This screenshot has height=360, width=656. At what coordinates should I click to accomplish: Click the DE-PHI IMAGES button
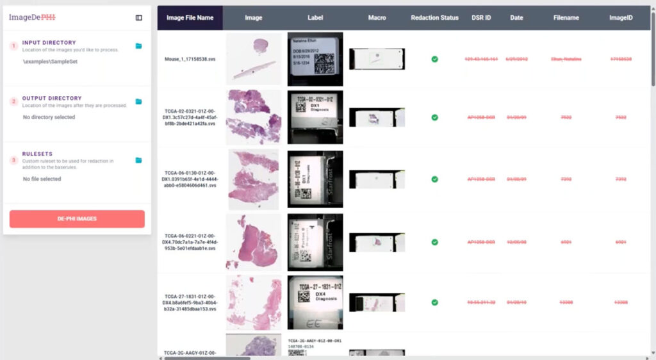77,219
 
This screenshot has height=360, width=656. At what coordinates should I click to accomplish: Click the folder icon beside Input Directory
139,46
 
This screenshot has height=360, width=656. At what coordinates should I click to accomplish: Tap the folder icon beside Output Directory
139,102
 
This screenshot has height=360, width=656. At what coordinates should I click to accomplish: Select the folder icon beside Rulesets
139,160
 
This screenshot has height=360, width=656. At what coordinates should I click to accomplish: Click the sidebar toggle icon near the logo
139,18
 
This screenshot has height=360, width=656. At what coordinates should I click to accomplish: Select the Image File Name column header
190,18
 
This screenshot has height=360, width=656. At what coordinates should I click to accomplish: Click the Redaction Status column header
434,18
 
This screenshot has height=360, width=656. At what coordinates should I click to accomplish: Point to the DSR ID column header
481,18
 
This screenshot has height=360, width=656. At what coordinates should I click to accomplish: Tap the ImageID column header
621,18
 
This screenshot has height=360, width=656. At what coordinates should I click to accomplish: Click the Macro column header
377,18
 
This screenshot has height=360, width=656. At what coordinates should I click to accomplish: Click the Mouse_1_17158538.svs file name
190,59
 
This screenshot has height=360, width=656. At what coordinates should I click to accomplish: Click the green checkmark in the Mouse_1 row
434,59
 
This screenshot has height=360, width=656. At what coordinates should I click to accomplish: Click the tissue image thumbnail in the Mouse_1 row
254,59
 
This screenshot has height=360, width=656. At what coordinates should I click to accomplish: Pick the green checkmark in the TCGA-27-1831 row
434,302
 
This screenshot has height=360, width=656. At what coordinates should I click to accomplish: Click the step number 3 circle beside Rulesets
13,160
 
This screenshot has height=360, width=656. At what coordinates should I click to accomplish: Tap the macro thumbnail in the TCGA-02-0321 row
377,117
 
